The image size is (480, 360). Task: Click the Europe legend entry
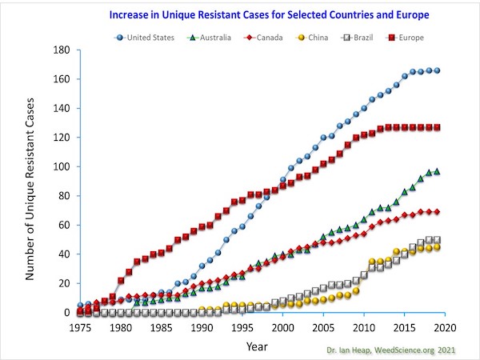pos(411,37)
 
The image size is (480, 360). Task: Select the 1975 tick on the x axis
pos(80,327)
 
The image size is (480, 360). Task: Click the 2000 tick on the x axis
pos(283,327)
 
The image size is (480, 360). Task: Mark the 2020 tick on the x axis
pos(445,327)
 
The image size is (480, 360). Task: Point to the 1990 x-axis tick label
pos(202,327)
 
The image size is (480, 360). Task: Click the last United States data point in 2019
pos(437,70)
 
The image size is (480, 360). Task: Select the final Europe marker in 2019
pos(437,127)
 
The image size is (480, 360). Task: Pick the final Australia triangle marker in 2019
pos(437,171)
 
